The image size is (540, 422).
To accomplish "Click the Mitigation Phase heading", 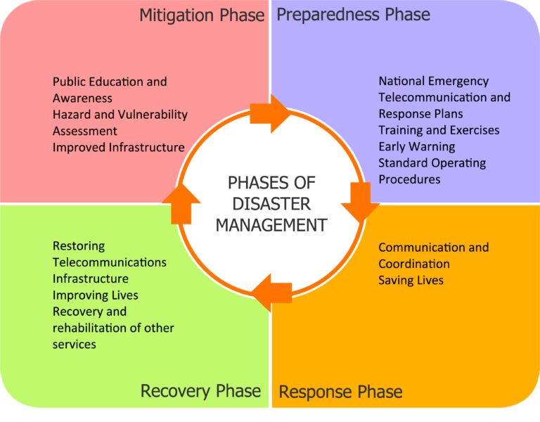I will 202,15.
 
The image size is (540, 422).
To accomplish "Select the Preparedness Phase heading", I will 353,15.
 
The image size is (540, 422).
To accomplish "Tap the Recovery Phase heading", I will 200,391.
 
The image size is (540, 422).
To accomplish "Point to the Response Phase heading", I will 340,392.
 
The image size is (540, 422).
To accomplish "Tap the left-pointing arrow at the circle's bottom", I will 272,293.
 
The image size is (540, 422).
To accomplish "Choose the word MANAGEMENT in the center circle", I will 271,225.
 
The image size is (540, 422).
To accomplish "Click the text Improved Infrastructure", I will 118,147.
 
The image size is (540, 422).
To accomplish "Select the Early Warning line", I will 416,146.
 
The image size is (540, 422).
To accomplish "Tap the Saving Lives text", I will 411,280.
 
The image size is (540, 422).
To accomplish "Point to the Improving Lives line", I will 95,295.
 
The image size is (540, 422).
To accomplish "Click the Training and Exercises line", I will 439,130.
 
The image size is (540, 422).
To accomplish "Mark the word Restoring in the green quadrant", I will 78,245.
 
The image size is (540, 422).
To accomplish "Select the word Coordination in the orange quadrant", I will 413,264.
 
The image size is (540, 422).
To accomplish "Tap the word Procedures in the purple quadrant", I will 409,179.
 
